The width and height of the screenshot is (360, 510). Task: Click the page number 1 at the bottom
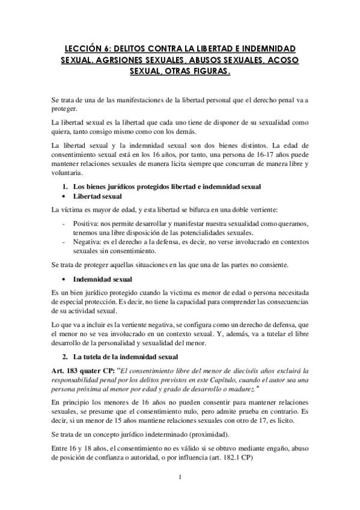[180, 478]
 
